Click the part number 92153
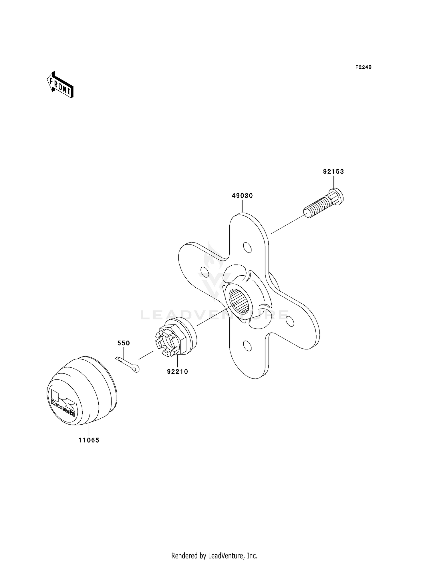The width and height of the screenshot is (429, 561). [x=333, y=172]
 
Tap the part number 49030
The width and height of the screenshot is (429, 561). [x=242, y=196]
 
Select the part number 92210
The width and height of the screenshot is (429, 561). [x=178, y=372]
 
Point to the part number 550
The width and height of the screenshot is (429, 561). [x=124, y=343]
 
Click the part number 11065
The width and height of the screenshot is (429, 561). [x=89, y=440]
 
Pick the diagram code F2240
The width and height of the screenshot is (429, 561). [x=363, y=67]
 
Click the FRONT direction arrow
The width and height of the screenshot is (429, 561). [x=60, y=85]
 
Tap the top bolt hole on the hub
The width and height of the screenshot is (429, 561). [x=247, y=247]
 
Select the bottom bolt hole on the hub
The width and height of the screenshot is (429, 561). [x=248, y=346]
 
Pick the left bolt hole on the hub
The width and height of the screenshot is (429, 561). [x=205, y=271]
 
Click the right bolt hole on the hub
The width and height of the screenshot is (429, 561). [x=289, y=321]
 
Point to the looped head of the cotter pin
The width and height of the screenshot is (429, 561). [x=136, y=369]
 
